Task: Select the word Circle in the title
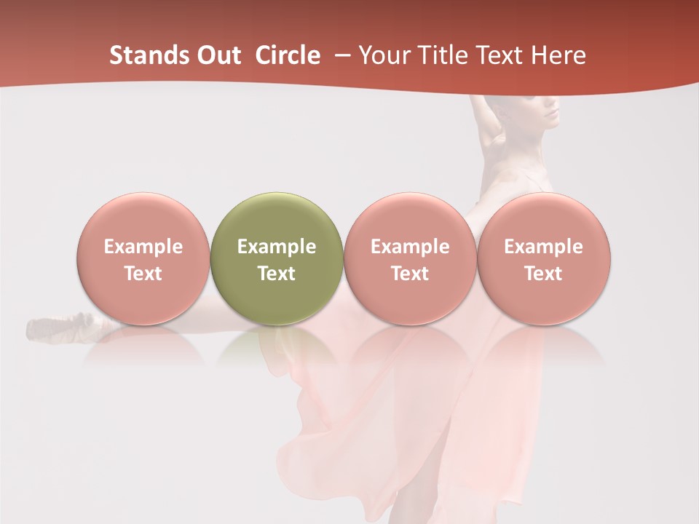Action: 288,55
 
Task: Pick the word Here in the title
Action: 559,55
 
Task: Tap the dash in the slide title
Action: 342,55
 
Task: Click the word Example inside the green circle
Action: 277,247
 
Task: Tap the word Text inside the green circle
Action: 277,274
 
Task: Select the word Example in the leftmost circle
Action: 143,247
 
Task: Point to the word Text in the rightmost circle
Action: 543,274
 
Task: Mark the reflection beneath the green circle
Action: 277,349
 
